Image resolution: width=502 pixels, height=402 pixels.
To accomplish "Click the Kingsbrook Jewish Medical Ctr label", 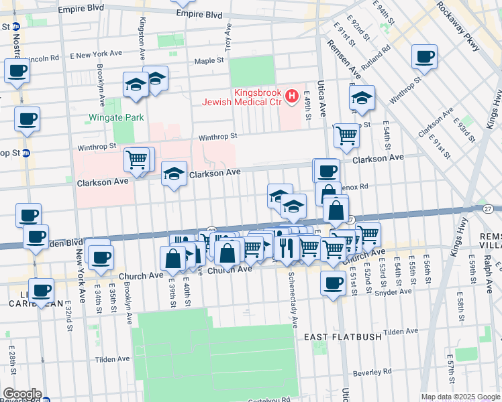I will (x=242, y=97).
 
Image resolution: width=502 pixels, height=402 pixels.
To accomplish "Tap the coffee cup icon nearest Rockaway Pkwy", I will (x=424, y=58).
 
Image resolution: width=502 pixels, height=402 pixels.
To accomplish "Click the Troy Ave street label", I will (x=228, y=38).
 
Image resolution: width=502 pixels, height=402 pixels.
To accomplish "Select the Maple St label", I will (x=209, y=60).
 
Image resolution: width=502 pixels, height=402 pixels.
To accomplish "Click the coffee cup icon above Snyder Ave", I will (x=333, y=283).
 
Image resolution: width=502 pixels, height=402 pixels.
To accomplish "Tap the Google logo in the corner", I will (x=21, y=394).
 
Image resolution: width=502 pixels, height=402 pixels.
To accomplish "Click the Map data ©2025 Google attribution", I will (x=460, y=397).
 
